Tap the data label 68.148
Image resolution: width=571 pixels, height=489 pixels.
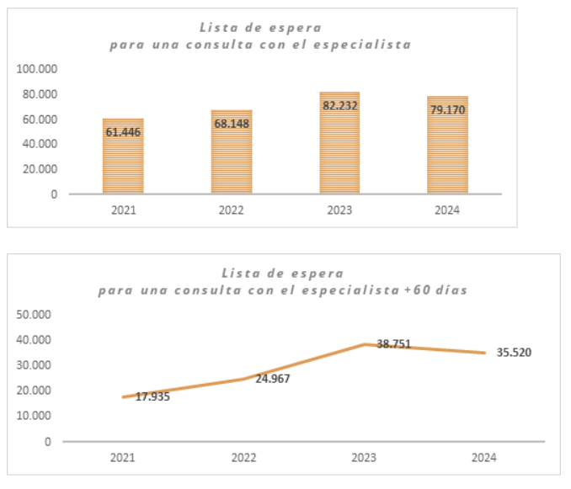pos(232,124)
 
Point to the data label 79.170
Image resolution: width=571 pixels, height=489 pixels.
pos(447,109)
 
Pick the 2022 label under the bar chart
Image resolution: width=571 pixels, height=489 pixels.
pos(231,210)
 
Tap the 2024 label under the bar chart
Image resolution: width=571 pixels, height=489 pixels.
pos(447,210)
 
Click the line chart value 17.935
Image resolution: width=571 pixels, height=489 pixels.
pos(152,396)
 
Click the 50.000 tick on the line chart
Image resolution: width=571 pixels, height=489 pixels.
pos(35,315)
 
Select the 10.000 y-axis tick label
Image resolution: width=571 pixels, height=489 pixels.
pos(35,416)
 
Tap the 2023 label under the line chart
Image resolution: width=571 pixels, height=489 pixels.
pos(364,457)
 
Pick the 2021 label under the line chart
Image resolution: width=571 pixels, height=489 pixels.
pos(123,457)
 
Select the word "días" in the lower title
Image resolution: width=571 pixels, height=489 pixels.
pos(450,290)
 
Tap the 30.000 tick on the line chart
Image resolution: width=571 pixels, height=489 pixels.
pos(35,365)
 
